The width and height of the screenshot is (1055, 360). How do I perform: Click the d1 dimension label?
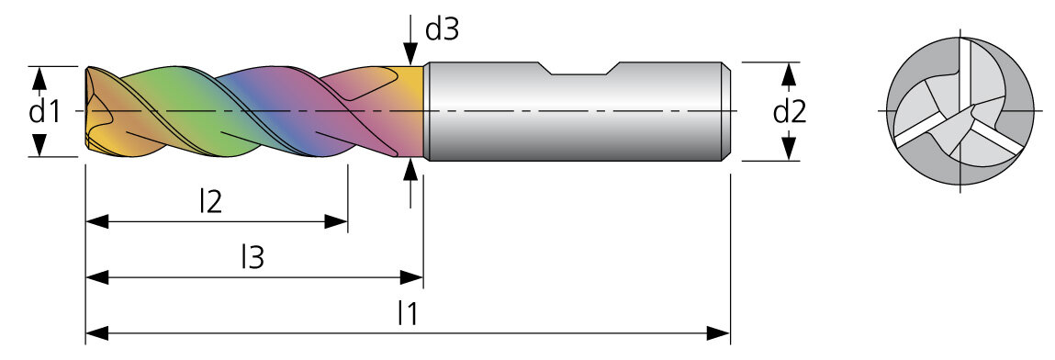(x=44, y=112)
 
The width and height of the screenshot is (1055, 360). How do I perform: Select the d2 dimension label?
(x=790, y=112)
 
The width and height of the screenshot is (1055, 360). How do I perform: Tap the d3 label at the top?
(x=442, y=29)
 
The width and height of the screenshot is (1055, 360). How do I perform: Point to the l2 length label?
(x=210, y=201)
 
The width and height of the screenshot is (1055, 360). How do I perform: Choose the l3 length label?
(x=253, y=257)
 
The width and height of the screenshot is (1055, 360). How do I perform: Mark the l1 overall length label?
(x=407, y=313)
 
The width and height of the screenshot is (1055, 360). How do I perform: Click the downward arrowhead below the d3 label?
(x=410, y=54)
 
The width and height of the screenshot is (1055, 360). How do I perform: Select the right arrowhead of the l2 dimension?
(x=336, y=222)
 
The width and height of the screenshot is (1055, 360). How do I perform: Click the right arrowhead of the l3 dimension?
(x=411, y=277)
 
